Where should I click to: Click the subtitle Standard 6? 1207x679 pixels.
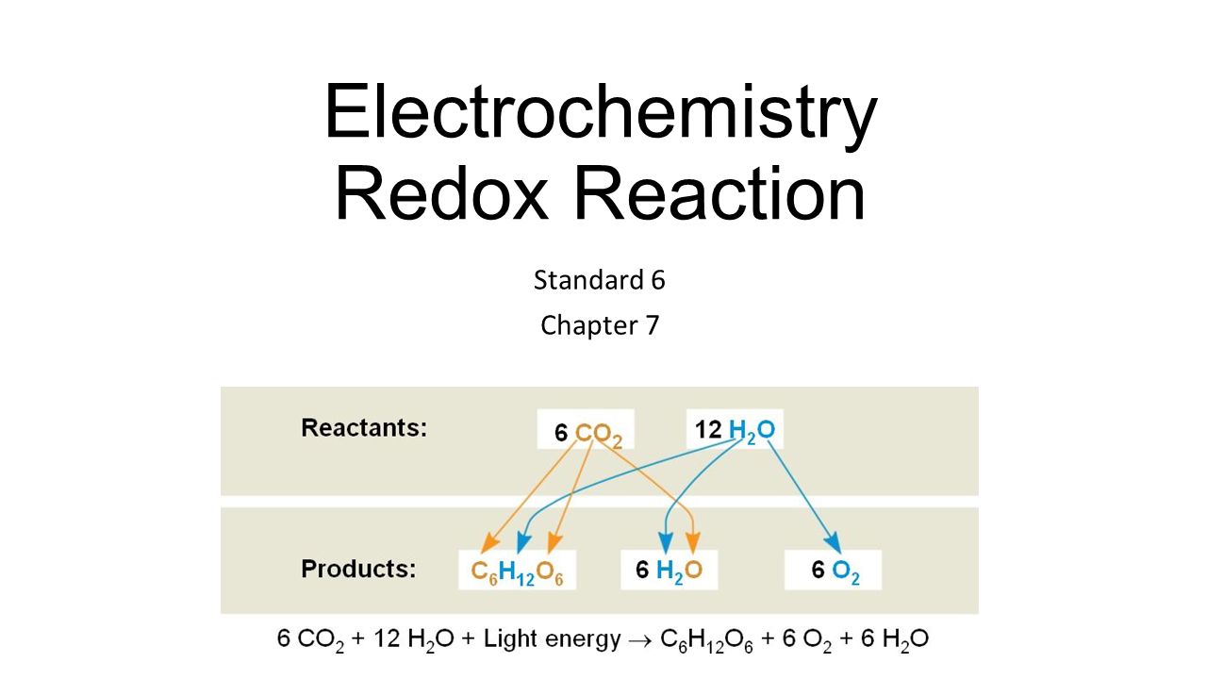tap(600, 280)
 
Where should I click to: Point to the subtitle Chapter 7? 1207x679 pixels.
tap(600, 325)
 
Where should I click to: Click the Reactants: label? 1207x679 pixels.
tap(364, 428)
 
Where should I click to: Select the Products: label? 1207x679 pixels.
tap(358, 570)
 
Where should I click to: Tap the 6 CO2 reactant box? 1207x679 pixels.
tap(586, 431)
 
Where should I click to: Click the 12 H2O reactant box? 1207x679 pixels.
tap(735, 430)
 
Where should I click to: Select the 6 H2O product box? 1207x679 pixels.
tap(669, 571)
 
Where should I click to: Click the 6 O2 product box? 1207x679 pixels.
tap(834, 571)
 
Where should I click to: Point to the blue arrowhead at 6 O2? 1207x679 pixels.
tap(833, 542)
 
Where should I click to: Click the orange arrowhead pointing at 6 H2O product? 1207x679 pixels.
tap(693, 543)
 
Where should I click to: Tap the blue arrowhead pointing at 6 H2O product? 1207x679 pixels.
tap(666, 543)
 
